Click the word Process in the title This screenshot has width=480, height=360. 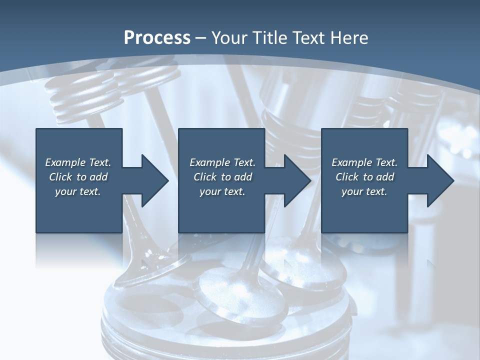[157, 38]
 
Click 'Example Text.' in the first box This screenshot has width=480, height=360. [78, 162]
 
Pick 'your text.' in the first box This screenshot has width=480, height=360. [78, 191]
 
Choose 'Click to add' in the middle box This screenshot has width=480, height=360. [222, 177]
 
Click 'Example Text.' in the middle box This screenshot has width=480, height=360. [222, 162]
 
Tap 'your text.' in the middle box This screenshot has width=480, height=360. [222, 191]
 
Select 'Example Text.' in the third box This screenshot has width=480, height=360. [364, 162]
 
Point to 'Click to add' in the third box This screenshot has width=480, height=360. [364, 177]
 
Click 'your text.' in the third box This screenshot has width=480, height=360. [364, 191]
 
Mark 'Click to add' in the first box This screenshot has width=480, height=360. [78, 177]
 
